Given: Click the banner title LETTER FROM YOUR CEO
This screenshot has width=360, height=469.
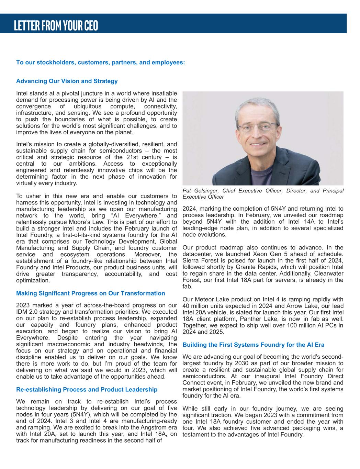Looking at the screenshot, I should (x=56, y=25).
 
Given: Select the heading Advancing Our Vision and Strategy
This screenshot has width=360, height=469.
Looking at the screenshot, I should (x=67, y=81).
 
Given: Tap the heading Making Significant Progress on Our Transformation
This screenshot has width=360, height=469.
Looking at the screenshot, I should (x=90, y=293).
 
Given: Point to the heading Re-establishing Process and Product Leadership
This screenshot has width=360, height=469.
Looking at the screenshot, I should (x=87, y=390).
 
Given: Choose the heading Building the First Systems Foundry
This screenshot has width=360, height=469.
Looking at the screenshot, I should (x=253, y=345).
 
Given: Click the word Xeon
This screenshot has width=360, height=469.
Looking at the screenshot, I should (x=271, y=254).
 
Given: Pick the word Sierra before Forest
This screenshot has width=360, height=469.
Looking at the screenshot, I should (x=191, y=260).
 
